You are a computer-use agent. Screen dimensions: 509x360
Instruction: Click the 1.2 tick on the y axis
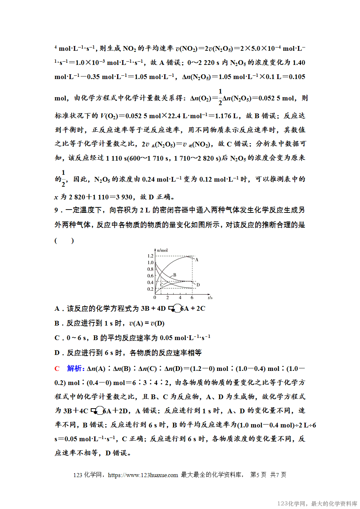point(150,256)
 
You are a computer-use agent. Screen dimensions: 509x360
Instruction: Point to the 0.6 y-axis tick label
point(150,276)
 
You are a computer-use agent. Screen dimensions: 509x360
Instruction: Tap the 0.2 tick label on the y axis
point(150,289)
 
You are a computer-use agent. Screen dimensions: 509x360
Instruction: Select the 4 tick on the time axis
point(180,298)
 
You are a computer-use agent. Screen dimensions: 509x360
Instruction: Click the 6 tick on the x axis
point(192,298)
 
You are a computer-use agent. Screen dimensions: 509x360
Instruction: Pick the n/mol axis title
point(162,250)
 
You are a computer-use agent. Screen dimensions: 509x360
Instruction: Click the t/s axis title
point(210,298)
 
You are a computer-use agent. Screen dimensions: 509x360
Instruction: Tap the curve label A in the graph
point(197,260)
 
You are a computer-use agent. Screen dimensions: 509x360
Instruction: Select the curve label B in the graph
point(175,275)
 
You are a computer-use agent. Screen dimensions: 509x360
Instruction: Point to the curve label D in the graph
point(198,285)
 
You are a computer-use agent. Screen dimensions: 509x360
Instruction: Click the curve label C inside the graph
point(162,285)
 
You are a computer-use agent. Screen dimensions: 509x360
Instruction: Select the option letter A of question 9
point(57,309)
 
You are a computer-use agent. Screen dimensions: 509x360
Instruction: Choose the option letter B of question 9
point(57,323)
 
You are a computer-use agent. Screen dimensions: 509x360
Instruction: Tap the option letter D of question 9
point(57,353)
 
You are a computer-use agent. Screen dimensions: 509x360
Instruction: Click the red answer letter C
point(57,369)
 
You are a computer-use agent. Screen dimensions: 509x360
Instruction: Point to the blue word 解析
point(75,369)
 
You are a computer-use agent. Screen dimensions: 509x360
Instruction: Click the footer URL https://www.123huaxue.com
point(143,475)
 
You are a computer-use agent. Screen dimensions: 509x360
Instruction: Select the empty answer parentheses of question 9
point(64,241)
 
